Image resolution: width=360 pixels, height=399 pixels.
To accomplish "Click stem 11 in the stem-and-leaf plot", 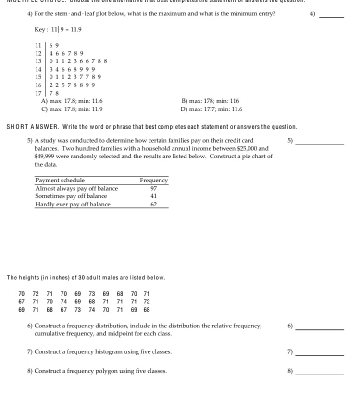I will (x=38, y=45).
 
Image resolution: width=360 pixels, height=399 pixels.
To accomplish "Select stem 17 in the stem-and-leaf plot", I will (x=38, y=93).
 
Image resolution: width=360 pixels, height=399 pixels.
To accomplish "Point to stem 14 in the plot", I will (x=38, y=69).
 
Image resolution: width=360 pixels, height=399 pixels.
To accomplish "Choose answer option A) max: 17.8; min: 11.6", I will (x=72, y=101).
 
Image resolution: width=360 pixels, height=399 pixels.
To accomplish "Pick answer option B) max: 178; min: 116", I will (x=210, y=101).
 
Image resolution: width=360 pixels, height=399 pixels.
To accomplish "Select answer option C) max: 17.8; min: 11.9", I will (x=72, y=109).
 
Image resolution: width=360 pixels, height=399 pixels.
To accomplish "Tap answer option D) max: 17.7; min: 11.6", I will (x=211, y=109).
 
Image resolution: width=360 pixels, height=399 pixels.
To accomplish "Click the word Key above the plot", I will (x=39, y=30).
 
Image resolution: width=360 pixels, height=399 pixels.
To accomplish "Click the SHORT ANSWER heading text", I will (x=32, y=127).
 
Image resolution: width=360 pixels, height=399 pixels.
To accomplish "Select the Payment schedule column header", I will (x=60, y=181).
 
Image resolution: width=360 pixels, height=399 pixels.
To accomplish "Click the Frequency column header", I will (x=154, y=181).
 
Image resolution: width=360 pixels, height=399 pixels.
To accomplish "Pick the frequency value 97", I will (x=154, y=188).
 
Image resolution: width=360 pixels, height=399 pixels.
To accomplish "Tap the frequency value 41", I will (x=154, y=196).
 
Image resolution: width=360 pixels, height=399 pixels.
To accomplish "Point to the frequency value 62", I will (x=154, y=204).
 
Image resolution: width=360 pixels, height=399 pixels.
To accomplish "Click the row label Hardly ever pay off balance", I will (x=73, y=204).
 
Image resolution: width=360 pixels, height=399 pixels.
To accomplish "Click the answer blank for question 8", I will (x=320, y=374).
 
